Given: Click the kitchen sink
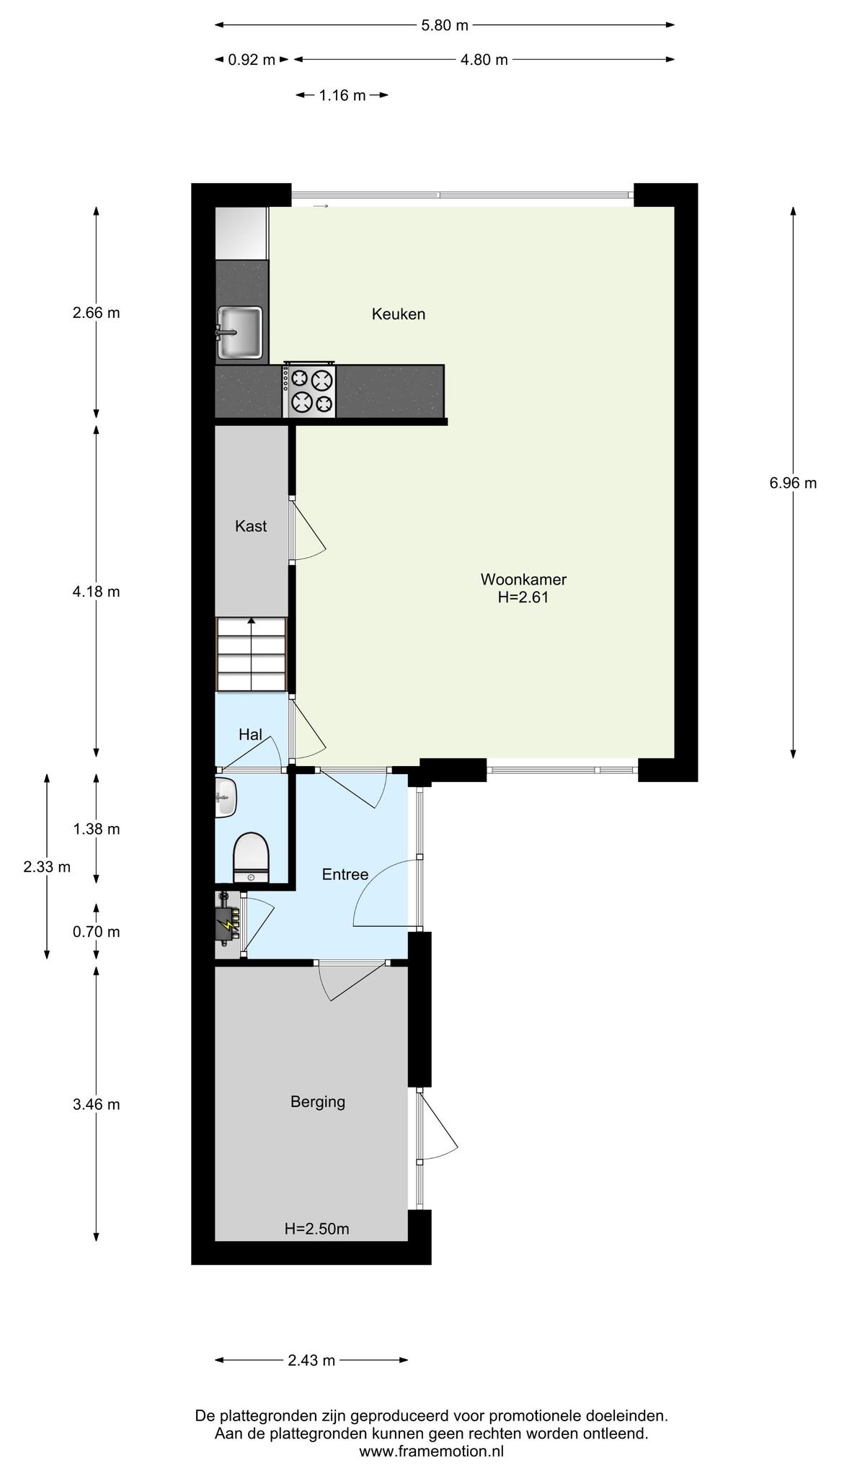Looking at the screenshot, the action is (x=240, y=332).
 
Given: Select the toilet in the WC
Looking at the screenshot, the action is (x=251, y=858).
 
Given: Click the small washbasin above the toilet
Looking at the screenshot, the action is (x=226, y=797).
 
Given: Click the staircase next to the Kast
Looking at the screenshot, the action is (x=252, y=654).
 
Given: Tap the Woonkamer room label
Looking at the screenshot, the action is (x=523, y=588).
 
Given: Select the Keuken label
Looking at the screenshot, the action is (x=399, y=314).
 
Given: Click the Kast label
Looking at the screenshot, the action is (x=251, y=526).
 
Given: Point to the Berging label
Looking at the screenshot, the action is (x=318, y=1102).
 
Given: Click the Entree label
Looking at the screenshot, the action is (x=345, y=874).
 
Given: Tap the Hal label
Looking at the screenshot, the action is (x=250, y=734).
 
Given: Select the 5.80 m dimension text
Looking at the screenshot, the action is (x=445, y=25).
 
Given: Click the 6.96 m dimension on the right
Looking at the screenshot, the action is (x=793, y=483).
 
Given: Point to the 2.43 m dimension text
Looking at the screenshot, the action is (x=311, y=1361).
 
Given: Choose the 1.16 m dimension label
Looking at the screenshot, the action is (x=342, y=95).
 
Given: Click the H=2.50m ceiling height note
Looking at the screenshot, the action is (x=317, y=1229).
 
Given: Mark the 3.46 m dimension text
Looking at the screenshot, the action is (x=97, y=1104).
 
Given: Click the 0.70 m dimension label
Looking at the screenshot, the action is (x=97, y=932).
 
